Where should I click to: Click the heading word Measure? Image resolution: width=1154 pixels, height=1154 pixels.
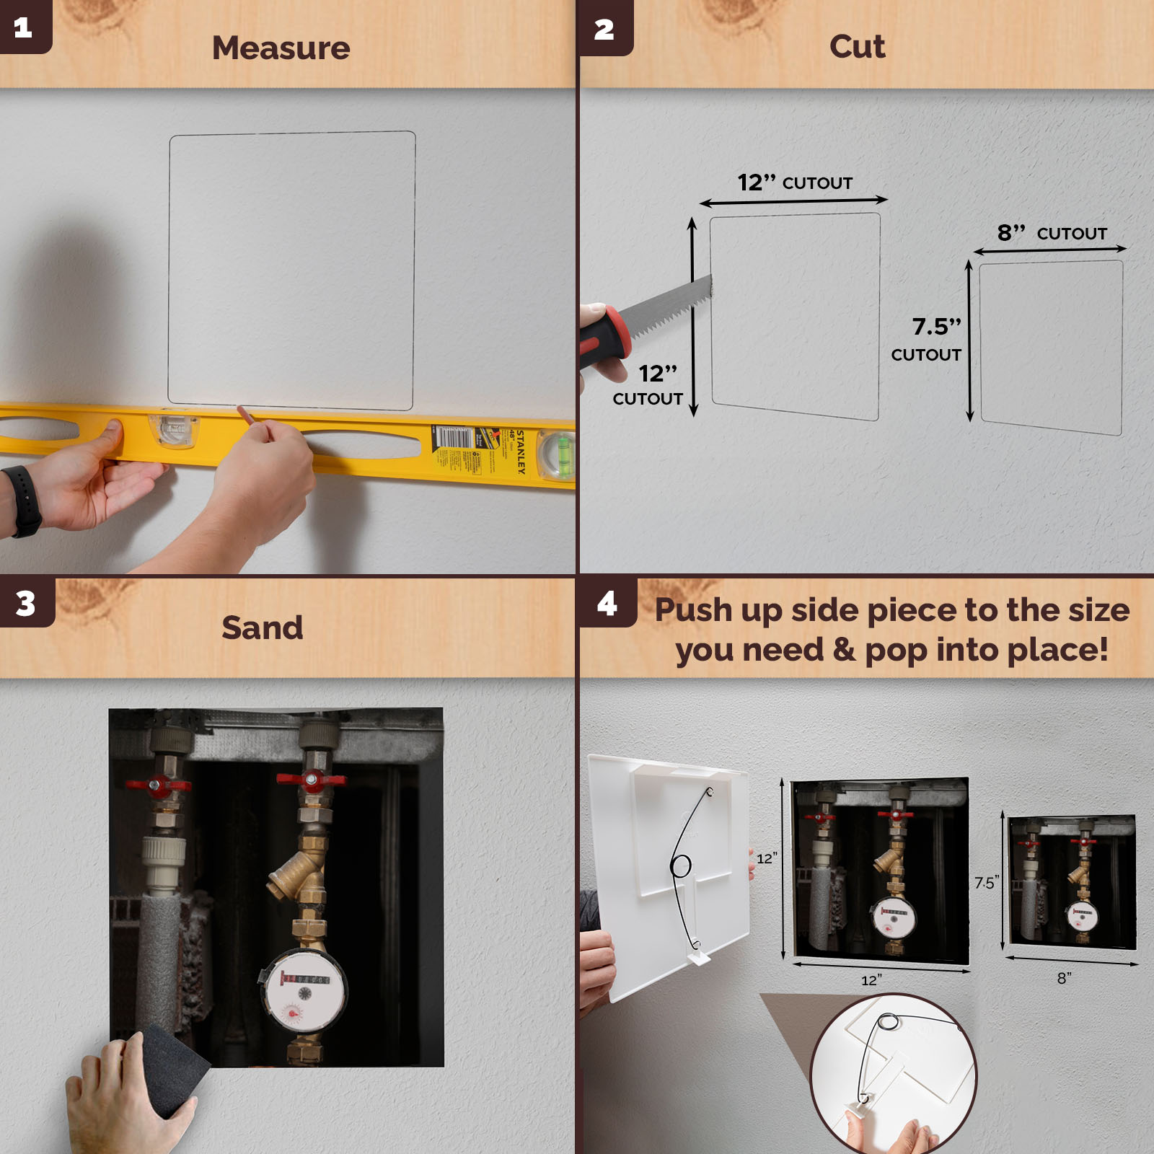pos(281,48)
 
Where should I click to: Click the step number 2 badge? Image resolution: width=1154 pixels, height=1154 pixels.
pos(604,29)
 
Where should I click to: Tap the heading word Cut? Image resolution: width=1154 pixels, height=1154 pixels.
pos(857,47)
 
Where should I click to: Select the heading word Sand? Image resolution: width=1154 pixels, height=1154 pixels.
pos(262,627)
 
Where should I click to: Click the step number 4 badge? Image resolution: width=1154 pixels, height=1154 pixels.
pos(607,603)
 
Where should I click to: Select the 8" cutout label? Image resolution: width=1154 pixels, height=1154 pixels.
pos(1052,233)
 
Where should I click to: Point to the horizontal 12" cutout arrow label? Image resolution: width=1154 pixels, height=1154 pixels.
pos(794,182)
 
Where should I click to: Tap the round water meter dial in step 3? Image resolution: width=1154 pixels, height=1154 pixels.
pos(303,992)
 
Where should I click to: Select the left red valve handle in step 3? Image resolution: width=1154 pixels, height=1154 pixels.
pos(157,785)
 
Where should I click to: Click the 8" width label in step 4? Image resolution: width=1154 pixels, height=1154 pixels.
pos(1065,978)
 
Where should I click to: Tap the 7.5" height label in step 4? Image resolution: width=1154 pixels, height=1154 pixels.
pos(985,883)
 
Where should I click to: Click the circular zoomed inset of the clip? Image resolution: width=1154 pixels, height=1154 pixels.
pos(893,1075)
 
